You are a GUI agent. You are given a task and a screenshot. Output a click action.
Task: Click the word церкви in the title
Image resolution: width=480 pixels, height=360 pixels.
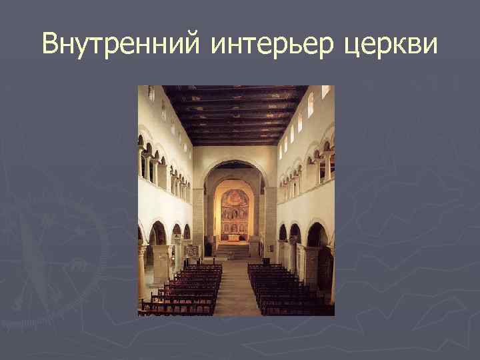click(393, 45)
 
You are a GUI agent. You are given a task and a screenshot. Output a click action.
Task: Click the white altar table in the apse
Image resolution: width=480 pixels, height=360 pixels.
click(234, 237)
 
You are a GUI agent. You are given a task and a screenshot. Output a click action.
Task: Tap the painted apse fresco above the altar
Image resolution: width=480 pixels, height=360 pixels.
click(234, 200)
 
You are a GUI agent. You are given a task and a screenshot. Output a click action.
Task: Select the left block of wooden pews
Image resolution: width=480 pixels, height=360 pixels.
click(185, 287)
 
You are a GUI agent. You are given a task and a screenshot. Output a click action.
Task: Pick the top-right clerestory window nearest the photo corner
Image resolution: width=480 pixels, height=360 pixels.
click(325, 91)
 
